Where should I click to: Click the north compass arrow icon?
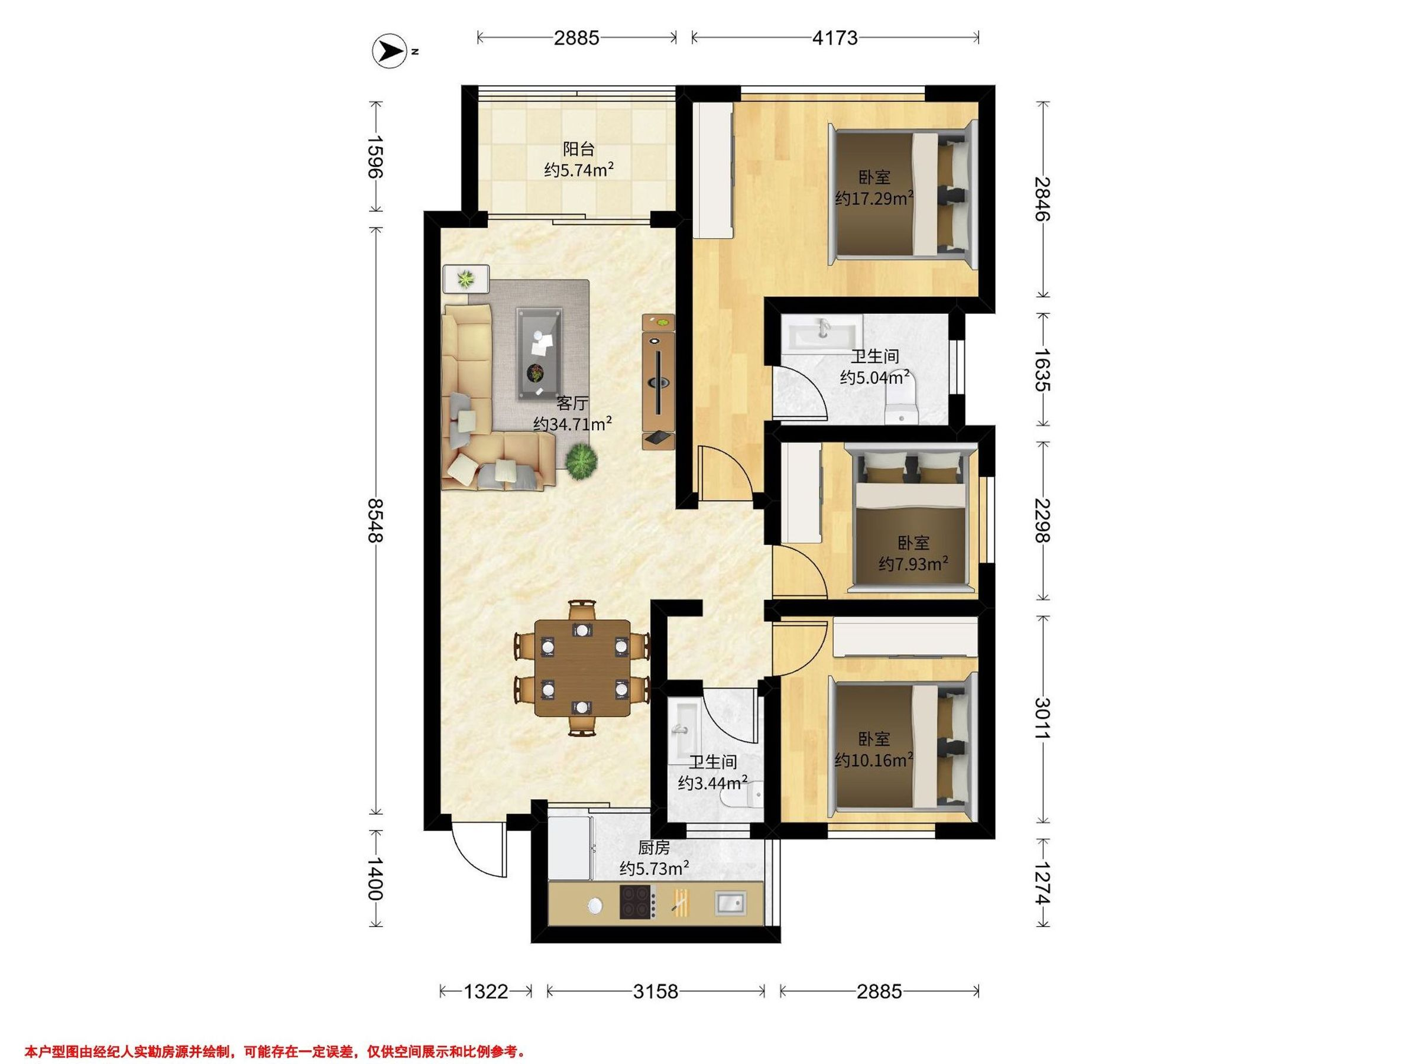tap(390, 51)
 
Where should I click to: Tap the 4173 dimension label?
tap(835, 38)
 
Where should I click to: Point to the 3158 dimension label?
tap(655, 992)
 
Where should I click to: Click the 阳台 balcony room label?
tap(579, 150)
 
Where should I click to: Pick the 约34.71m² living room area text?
tap(572, 424)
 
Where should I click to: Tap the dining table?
tap(582, 667)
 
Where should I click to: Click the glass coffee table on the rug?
tap(541, 353)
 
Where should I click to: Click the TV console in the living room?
tap(659, 382)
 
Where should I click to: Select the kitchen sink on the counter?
tap(730, 903)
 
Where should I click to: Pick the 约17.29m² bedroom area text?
tap(874, 198)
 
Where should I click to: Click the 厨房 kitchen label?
tap(654, 848)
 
